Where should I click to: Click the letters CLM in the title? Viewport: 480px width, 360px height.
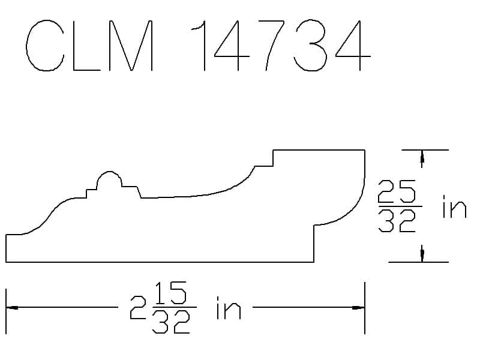coord(89,46)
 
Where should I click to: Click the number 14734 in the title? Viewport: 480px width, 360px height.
coord(281,46)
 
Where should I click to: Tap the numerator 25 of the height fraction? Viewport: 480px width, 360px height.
coord(397,191)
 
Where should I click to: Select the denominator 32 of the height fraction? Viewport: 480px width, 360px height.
coord(397,221)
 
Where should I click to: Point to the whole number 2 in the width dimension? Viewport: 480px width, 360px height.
coord(137,307)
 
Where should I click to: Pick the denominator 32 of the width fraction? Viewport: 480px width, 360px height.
coord(171,322)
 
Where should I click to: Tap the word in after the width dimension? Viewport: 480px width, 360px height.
coord(229,308)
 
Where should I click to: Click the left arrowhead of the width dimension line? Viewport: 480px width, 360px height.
coord(11,307)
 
